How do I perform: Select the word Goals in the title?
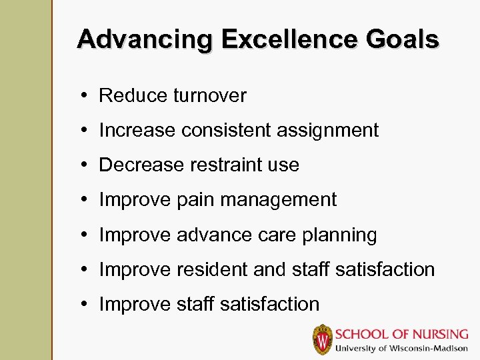point(403,39)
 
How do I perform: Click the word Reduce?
point(133,96)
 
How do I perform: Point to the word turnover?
point(210,96)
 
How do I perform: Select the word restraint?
point(227,165)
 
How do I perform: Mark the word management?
point(279,200)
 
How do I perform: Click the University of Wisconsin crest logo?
point(323,339)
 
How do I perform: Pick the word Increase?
point(135,131)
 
